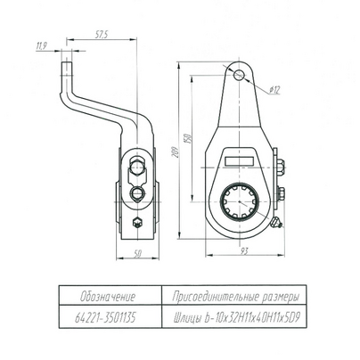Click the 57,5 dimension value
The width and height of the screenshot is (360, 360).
(x=102, y=35)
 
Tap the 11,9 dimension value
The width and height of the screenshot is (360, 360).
(x=41, y=46)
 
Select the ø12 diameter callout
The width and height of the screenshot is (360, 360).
(x=274, y=89)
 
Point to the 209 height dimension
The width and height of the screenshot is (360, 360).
(x=176, y=151)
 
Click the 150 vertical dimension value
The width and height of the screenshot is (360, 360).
(x=187, y=138)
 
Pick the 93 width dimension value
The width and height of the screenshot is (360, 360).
(x=243, y=251)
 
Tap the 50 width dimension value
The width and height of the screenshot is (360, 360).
(x=137, y=254)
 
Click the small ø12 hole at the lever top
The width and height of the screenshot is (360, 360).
(x=239, y=75)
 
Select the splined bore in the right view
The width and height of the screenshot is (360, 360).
(x=239, y=201)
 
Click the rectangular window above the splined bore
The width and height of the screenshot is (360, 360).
(x=239, y=161)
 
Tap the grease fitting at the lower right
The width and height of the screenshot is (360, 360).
(x=275, y=223)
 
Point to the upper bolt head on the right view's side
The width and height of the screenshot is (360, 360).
(x=280, y=164)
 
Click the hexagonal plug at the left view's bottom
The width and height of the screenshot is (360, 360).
(x=137, y=223)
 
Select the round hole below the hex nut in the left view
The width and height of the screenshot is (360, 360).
(x=136, y=193)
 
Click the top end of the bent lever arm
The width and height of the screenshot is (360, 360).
(x=67, y=61)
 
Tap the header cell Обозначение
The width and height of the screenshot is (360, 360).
(x=108, y=297)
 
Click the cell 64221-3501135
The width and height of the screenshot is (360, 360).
(x=105, y=318)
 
